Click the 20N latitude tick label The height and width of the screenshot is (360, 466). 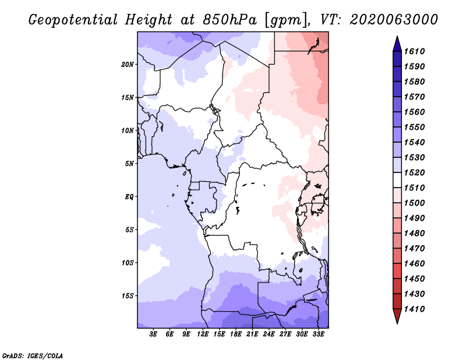pyautogui.click(x=127, y=65)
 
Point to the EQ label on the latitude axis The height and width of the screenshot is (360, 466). pyautogui.click(x=129, y=197)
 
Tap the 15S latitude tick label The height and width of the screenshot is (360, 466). pyautogui.click(x=128, y=296)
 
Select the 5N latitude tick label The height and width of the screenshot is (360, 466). pyautogui.click(x=129, y=164)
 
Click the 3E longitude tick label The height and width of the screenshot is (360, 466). pyautogui.click(x=153, y=334)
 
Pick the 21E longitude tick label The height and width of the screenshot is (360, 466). pyautogui.click(x=252, y=334)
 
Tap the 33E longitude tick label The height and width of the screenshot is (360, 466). pyautogui.click(x=318, y=334)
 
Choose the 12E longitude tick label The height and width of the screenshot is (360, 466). pyautogui.click(x=202, y=334)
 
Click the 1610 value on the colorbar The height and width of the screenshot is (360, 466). pyautogui.click(x=414, y=51)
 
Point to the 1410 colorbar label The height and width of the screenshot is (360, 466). pyautogui.click(x=414, y=309)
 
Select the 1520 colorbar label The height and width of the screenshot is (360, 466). pyautogui.click(x=414, y=172)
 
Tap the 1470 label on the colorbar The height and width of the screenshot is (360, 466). pyautogui.click(x=414, y=249)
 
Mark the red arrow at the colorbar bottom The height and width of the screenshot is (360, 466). pyautogui.click(x=397, y=315)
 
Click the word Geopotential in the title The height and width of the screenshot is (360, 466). pyautogui.click(x=73, y=20)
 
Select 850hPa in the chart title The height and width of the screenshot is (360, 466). pyautogui.click(x=230, y=20)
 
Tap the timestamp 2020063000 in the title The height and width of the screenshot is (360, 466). pyautogui.click(x=394, y=20)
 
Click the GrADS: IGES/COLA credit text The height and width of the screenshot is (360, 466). pyautogui.click(x=33, y=356)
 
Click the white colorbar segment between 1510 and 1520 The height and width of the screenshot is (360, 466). pyautogui.click(x=397, y=180)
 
